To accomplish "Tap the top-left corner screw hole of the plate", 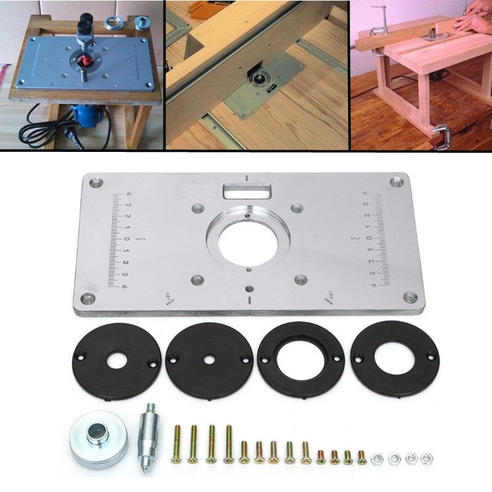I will click(95, 182).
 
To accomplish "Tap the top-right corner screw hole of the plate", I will click(397, 181).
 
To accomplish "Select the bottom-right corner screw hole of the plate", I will click(404, 298).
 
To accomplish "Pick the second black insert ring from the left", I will click(210, 360).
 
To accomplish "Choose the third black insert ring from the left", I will click(301, 360).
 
